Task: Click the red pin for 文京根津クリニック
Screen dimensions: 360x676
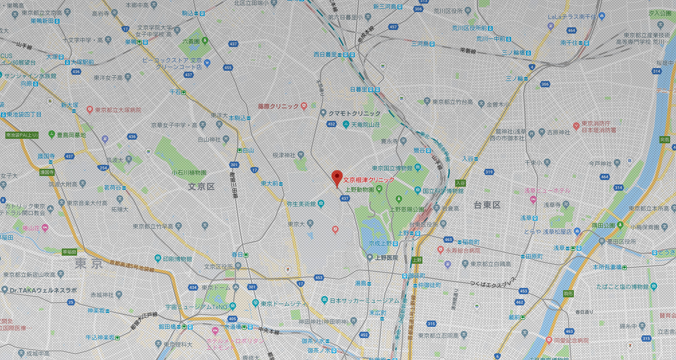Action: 337,177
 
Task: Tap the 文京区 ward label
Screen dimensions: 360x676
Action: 201,186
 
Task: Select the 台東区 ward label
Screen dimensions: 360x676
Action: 487,205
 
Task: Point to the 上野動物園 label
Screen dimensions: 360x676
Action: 359,189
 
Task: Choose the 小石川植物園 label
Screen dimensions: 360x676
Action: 189,172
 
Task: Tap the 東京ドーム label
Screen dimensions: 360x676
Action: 215,287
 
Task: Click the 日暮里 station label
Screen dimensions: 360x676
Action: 362,90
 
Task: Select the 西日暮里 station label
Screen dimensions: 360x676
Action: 325,55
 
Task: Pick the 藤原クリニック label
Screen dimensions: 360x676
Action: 278,106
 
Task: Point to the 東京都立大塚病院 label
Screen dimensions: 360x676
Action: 118,110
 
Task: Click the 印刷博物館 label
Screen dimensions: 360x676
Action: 177,259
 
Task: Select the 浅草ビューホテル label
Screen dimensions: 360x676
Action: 547,190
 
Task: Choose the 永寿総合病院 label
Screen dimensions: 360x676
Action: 462,251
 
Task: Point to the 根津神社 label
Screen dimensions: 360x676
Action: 284,155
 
